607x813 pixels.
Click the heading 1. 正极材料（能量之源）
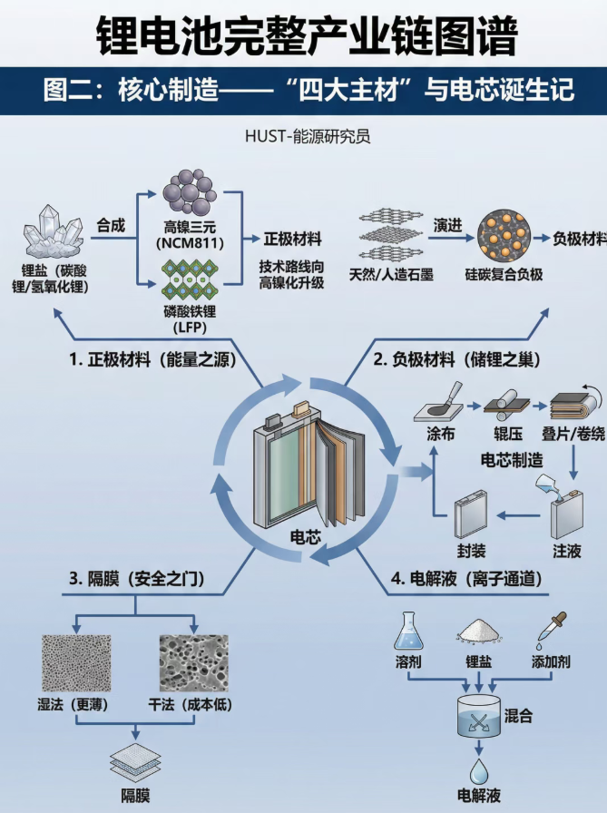click(152, 359)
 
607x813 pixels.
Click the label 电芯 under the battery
click(299, 537)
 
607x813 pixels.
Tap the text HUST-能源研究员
click(308, 137)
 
